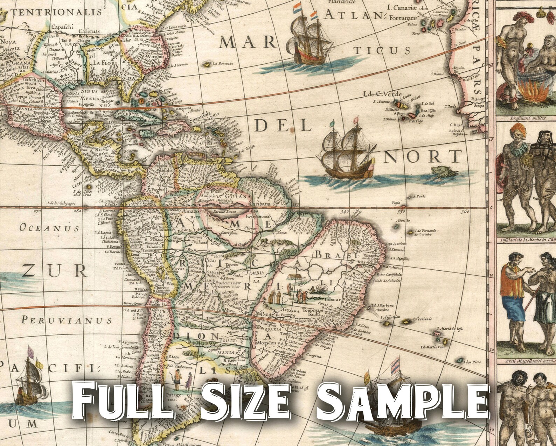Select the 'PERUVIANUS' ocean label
point(67,320)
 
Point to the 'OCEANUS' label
point(49,228)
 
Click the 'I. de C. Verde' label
point(383,94)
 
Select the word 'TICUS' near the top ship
point(382,51)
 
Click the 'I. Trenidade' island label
point(422,319)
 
